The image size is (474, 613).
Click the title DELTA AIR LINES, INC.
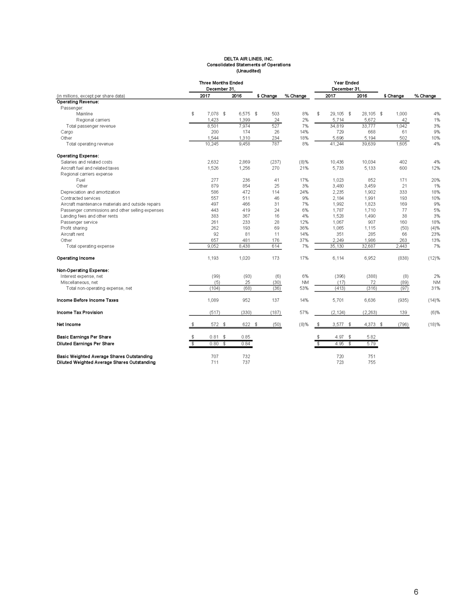tap(248, 59)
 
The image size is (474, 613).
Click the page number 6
tap(416, 592)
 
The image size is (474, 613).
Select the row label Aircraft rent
tap(72, 234)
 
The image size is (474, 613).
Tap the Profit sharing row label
tap(74, 228)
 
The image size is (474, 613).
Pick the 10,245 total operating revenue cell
tap(211, 144)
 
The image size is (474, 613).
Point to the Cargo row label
tap(67, 132)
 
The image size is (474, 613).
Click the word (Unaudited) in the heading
tap(248, 71)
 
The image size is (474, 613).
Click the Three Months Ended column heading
tap(221, 83)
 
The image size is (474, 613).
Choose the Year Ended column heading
tap(346, 83)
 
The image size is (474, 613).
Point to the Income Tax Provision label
tap(80, 313)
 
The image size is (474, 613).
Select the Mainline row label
tap(85, 114)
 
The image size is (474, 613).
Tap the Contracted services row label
tap(81, 198)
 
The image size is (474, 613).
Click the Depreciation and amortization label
tap(90, 192)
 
